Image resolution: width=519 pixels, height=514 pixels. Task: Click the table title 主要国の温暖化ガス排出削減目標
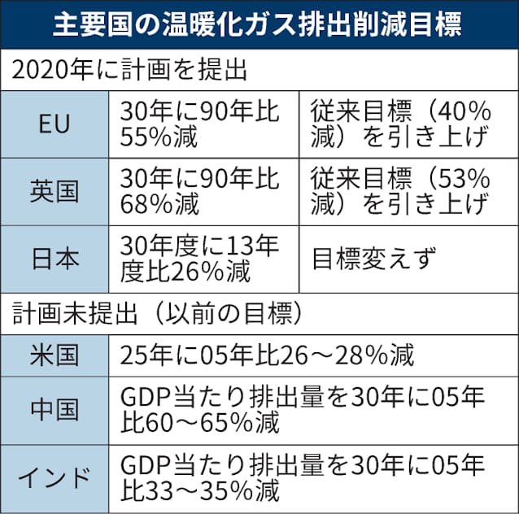pos(259,25)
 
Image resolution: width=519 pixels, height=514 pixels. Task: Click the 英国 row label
pos(55,191)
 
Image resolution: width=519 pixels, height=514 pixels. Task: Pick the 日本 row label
pos(55,258)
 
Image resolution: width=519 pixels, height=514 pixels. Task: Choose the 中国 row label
pos(55,410)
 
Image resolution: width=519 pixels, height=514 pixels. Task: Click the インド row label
pos(55,477)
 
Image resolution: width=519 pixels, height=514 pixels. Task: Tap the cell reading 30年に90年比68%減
pos(199,191)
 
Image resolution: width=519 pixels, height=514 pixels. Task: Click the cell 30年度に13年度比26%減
pos(199,258)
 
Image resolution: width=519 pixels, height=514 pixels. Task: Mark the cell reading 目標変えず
pos(376,259)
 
